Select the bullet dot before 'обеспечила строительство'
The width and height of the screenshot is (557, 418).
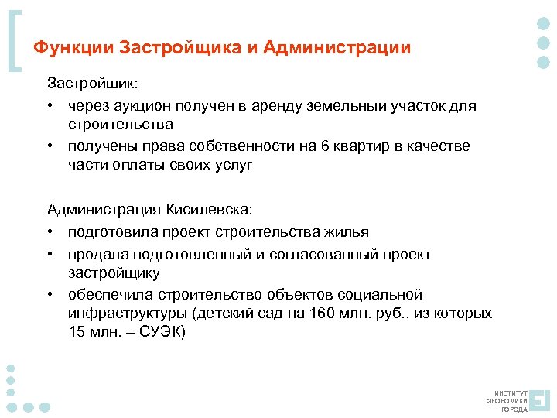50,295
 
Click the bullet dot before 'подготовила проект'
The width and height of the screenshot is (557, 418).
50,232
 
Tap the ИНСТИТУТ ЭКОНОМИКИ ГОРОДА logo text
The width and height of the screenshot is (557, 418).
507,401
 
